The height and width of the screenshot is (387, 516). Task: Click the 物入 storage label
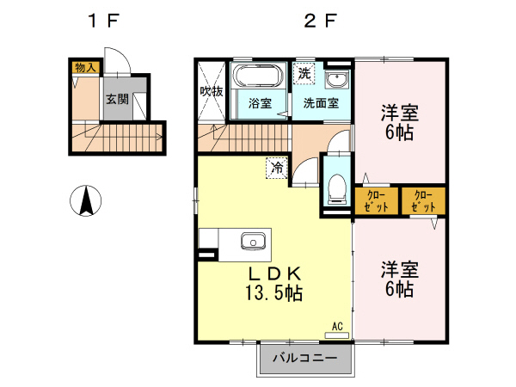click(85, 66)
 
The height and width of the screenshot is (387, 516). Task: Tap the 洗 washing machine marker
click(304, 73)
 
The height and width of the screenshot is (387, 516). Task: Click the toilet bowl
click(336, 186)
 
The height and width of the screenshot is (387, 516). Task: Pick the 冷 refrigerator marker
click(277, 168)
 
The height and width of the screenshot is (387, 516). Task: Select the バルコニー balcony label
click(305, 357)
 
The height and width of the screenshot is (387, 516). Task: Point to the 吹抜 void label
click(212, 92)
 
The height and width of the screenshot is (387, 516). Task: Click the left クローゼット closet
click(376, 200)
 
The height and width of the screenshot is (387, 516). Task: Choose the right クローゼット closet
click(423, 200)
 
